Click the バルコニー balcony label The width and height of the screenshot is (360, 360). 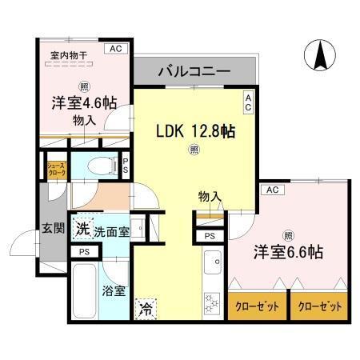coord(194,72)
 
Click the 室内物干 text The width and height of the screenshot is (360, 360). coord(69,54)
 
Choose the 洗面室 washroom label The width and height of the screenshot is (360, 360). coord(110,230)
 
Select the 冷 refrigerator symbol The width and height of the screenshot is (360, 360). coord(145,306)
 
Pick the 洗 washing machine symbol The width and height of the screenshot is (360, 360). coord(82,229)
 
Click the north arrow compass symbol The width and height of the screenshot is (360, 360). coord(319,57)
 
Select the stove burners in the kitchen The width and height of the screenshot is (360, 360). coord(213,303)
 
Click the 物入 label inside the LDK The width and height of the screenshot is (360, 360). coord(210,196)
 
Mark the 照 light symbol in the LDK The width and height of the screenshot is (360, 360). coord(193,149)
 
